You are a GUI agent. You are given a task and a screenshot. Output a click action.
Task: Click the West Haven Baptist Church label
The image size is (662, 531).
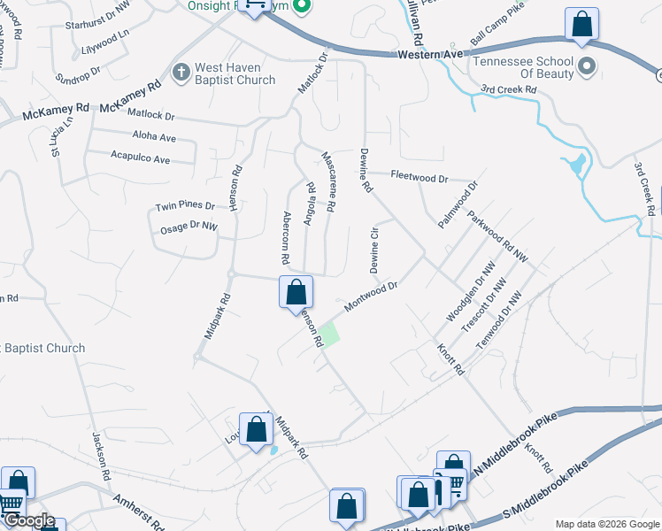click(235, 74)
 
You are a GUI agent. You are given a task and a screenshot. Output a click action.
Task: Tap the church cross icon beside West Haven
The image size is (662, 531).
click(181, 71)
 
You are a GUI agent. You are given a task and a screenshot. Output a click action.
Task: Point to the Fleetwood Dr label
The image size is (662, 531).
click(420, 177)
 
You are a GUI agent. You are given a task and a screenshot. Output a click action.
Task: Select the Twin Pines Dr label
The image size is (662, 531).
click(185, 205)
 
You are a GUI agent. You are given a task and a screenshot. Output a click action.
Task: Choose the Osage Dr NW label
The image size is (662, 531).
click(188, 227)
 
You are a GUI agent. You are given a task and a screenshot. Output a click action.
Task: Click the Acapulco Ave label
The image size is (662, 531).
click(140, 159)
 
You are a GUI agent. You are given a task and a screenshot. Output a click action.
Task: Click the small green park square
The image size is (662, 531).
click(329, 335)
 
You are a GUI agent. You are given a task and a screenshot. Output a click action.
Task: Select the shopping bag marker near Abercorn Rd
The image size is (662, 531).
click(296, 291)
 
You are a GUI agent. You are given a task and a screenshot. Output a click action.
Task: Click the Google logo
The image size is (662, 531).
click(29, 520)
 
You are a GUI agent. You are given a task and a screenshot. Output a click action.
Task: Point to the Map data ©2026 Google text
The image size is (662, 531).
click(606, 524)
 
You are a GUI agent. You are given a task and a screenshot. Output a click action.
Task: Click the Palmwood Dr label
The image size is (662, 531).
click(458, 205)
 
